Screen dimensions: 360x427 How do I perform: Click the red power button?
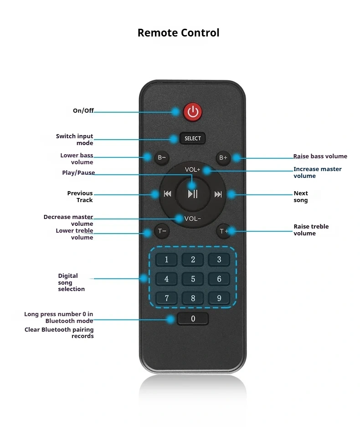tap(193, 112)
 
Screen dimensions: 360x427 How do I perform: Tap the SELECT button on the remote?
tap(193, 138)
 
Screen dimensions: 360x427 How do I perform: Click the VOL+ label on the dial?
tap(192, 170)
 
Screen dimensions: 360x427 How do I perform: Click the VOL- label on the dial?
tap(192, 219)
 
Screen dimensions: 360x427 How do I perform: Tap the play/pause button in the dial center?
tap(193, 194)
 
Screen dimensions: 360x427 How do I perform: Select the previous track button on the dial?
tap(167, 194)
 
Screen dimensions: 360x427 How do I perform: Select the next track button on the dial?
tap(218, 194)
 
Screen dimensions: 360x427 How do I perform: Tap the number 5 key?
tap(193, 279)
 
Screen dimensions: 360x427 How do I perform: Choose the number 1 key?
tap(166, 260)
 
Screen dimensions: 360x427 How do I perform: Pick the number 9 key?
tap(219, 298)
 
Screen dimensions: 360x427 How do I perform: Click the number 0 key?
tap(193, 318)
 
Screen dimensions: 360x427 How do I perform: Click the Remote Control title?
tap(178, 33)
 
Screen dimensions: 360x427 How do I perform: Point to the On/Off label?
tap(83, 110)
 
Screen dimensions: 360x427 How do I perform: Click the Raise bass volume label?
tap(320, 156)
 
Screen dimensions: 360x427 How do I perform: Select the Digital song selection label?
tap(71, 282)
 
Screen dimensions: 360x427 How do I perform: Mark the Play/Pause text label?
tap(78, 172)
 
